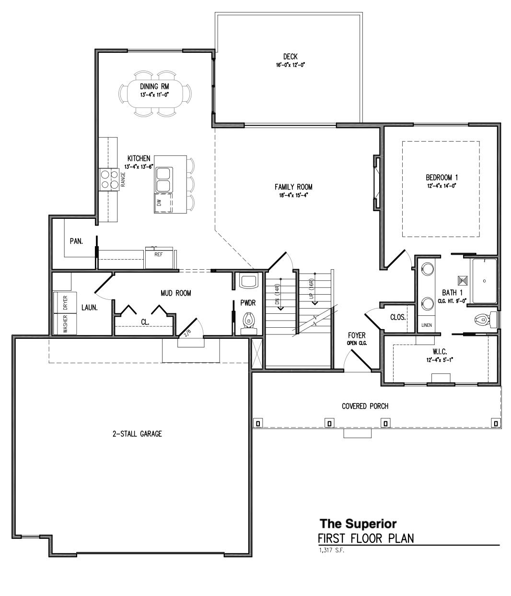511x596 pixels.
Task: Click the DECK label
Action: pos(290,57)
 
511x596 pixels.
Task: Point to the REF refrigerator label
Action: pos(158,255)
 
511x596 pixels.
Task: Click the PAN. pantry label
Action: pos(76,241)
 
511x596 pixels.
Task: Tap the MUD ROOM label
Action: pos(175,293)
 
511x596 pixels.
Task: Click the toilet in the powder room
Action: pos(248,321)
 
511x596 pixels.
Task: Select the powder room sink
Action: pos(248,280)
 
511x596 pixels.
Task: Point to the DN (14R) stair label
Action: pos(277,294)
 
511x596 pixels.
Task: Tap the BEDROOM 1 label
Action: pos(439,177)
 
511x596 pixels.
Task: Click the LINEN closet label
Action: pos(426,325)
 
